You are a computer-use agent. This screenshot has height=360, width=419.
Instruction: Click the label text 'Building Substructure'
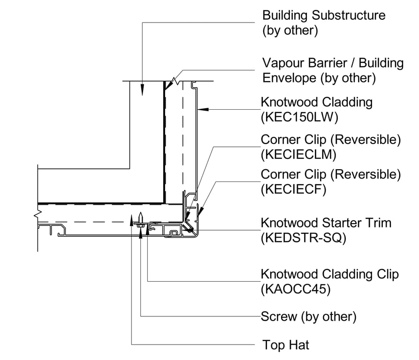324,15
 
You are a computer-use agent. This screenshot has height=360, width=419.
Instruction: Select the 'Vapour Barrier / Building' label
333,63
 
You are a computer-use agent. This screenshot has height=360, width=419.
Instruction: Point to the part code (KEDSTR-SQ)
303,238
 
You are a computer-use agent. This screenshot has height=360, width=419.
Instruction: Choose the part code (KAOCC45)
295,289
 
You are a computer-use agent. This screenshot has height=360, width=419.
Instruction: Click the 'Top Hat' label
285,345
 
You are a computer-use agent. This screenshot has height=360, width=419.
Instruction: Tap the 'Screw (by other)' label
309,316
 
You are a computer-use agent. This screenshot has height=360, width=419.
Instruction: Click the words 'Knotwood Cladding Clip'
330,274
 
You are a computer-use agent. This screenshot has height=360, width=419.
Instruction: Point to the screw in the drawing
141,220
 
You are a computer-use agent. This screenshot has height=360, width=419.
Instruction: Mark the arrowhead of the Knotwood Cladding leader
201,110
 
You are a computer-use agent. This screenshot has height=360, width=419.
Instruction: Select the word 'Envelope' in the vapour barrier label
289,78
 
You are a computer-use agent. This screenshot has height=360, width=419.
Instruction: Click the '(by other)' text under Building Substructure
290,31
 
